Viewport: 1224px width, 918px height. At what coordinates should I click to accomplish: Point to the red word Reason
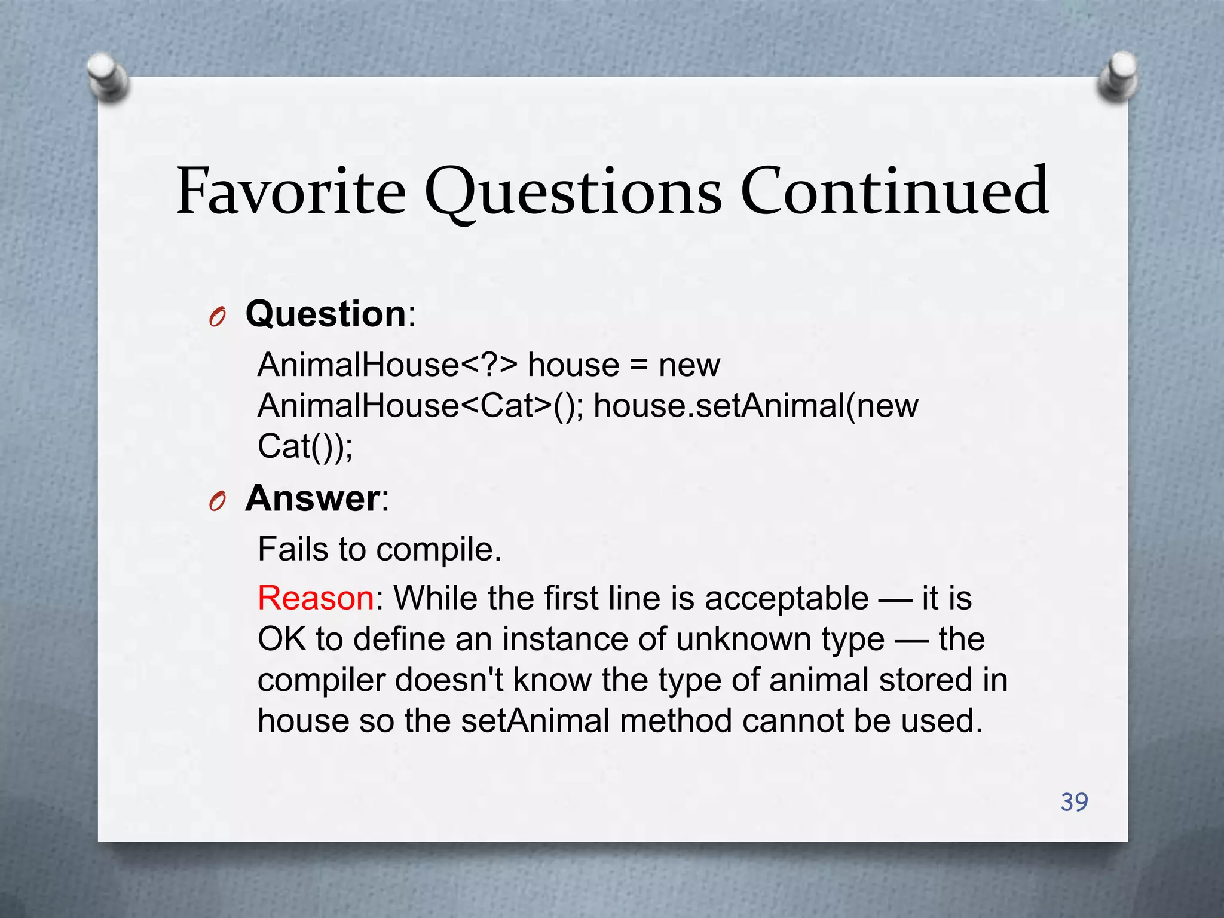(316, 598)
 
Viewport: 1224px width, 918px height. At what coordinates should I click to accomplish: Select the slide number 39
(1074, 802)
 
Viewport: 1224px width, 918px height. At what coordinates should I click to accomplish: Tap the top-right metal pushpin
(1118, 76)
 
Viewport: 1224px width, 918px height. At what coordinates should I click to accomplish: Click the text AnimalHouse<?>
(387, 365)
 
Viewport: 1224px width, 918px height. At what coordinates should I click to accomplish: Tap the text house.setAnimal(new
(755, 406)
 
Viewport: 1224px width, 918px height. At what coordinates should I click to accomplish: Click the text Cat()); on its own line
(305, 446)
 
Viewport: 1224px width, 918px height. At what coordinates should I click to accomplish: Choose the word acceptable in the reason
(787, 598)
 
